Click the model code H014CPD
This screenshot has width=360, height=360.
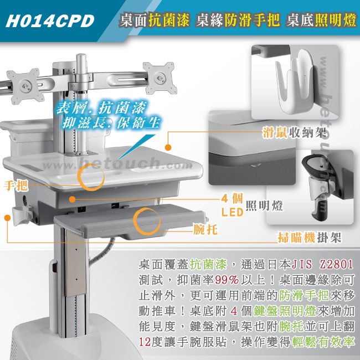pyautogui.click(x=50, y=21)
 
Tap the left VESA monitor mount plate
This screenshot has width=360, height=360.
pyautogui.click(x=25, y=86)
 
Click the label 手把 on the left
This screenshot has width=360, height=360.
pyautogui.click(x=16, y=186)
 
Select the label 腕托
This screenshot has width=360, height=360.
pyautogui.click(x=205, y=229)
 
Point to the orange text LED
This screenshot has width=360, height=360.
pyautogui.click(x=232, y=212)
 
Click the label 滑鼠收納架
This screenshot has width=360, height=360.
pyautogui.click(x=294, y=132)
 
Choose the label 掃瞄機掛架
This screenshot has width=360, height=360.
pyautogui.click(x=310, y=238)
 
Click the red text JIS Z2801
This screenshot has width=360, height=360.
pyautogui.click(x=322, y=264)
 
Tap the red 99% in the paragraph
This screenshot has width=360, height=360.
pyautogui.click(x=227, y=280)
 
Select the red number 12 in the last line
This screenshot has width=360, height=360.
pyautogui.click(x=145, y=342)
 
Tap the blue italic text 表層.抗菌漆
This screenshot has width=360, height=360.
pyautogui.click(x=101, y=107)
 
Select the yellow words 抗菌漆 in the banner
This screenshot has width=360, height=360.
pyautogui.click(x=169, y=20)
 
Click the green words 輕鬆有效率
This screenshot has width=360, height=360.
pyautogui.click(x=323, y=342)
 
